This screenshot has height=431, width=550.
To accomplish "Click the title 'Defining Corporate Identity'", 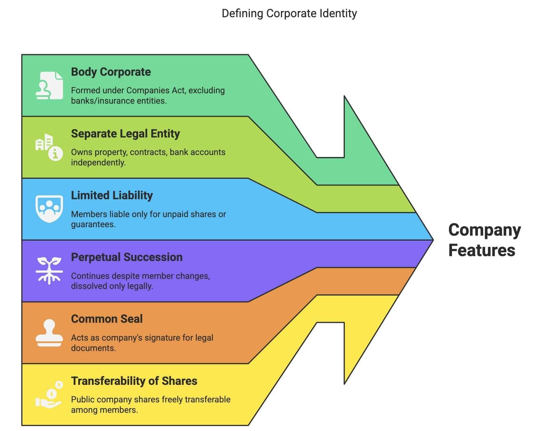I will click(289, 14).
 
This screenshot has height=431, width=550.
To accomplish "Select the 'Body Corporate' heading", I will click(111, 72).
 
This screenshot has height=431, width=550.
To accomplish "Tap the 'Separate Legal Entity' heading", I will click(125, 134).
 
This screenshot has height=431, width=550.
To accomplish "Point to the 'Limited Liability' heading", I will click(112, 195).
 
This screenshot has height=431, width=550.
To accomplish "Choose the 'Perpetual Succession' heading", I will click(127, 257).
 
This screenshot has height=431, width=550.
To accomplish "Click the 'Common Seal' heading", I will click(106, 319).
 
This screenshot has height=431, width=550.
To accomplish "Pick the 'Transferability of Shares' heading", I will click(134, 381).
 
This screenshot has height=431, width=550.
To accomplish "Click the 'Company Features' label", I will click(484, 240).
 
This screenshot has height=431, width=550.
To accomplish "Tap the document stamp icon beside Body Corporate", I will click(49, 85).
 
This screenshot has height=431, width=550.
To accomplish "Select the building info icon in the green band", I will click(49, 147).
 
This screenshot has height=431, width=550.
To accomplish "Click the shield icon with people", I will click(49, 209).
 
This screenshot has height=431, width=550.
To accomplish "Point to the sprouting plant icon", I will click(49, 270).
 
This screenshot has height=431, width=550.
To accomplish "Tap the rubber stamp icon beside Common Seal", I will click(49, 333).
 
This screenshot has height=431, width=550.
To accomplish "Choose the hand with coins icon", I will click(49, 395).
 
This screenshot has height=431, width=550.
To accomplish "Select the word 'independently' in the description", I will click(98, 163).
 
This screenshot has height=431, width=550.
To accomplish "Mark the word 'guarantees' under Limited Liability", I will click(93, 224).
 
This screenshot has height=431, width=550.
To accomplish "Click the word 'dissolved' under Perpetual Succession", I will click(86, 286).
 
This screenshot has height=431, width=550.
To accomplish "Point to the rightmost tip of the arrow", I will click(432, 240).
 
